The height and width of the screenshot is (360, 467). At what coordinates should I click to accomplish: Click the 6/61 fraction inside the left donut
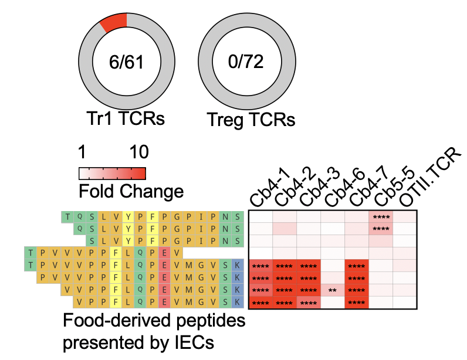pyautogui.click(x=126, y=62)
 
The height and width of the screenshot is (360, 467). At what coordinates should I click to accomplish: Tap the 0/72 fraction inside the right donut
pyautogui.click(x=246, y=62)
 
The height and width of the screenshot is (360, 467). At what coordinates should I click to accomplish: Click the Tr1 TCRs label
pyautogui.click(x=126, y=118)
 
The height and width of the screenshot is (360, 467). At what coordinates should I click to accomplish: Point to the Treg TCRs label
pyautogui.click(x=251, y=120)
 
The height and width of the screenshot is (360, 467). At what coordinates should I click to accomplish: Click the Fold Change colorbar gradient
pyautogui.click(x=112, y=174)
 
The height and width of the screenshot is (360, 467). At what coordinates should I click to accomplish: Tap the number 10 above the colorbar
pyautogui.click(x=139, y=152)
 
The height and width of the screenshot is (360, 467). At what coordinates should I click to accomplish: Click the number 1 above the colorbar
pyautogui.click(x=82, y=152)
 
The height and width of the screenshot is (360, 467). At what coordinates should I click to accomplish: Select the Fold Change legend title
pyautogui.click(x=131, y=191)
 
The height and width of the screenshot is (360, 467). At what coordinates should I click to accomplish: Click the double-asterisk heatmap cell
pyautogui.click(x=333, y=290)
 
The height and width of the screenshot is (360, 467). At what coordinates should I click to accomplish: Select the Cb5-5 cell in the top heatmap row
pyautogui.click(x=381, y=217)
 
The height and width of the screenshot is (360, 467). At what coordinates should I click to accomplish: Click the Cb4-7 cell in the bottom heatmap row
pyautogui.click(x=357, y=303)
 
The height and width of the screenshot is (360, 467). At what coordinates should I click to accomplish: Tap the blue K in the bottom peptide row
pyautogui.click(x=237, y=302)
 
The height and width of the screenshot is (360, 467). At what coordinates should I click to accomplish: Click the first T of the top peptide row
pyautogui.click(x=67, y=217)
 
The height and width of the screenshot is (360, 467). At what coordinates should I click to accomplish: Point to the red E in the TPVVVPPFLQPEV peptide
pyautogui.click(x=164, y=253)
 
